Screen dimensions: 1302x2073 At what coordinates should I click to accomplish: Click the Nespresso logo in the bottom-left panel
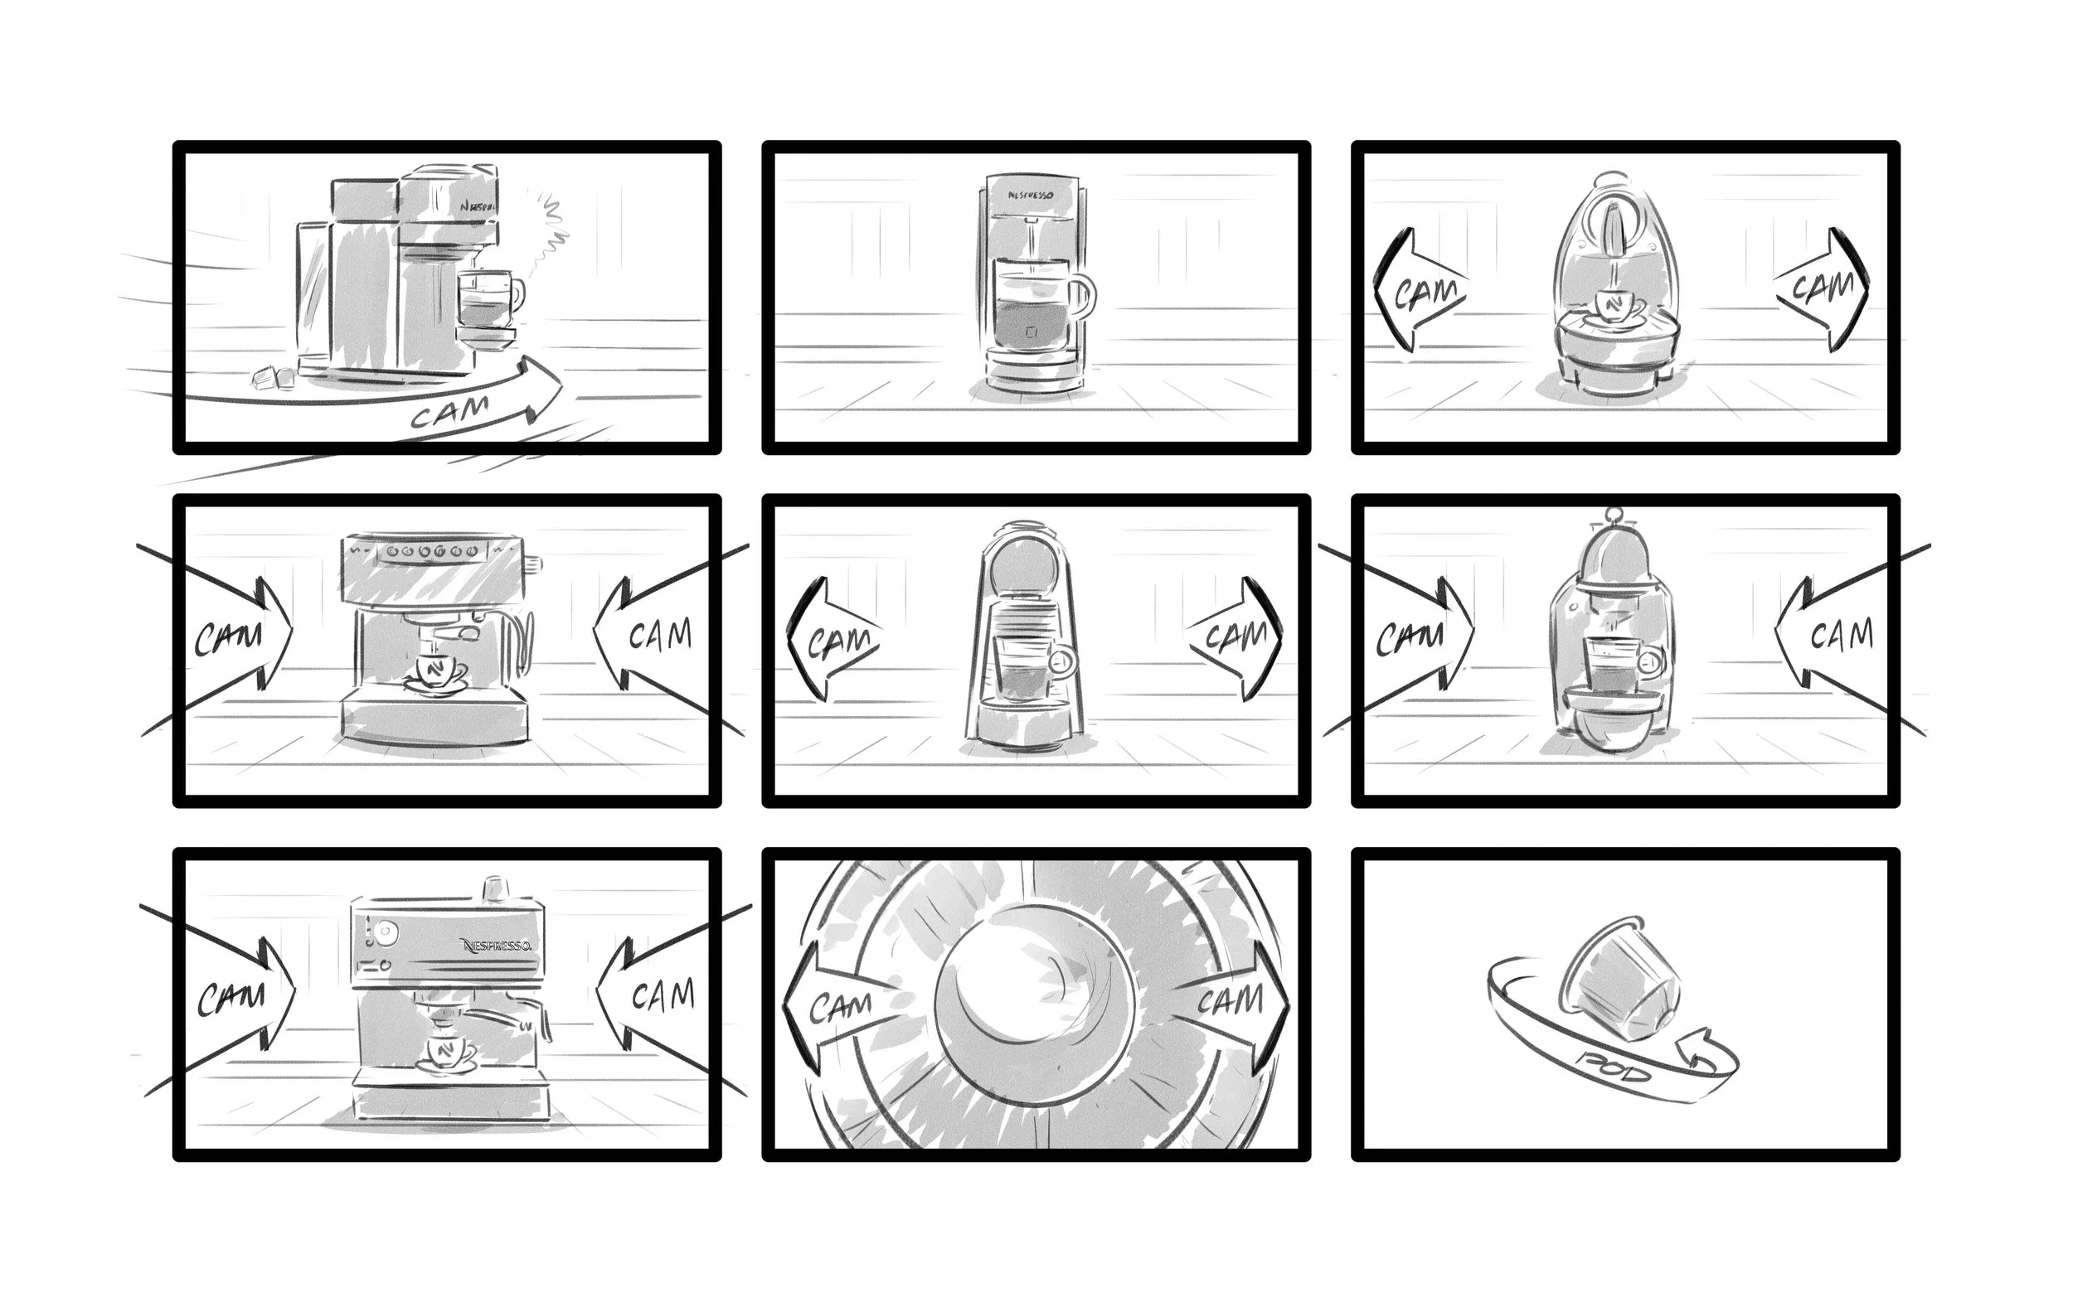click(x=497, y=946)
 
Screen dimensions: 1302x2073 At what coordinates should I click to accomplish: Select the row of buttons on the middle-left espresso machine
click(x=430, y=551)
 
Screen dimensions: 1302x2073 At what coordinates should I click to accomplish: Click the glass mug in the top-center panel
click(x=1037, y=306)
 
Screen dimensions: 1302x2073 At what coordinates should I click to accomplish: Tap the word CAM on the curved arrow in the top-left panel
click(x=449, y=411)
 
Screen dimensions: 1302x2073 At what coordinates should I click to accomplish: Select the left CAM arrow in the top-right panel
click(x=1419, y=291)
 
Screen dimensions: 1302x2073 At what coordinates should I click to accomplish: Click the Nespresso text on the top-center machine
click(x=1030, y=196)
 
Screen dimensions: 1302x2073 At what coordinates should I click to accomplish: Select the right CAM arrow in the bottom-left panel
click(x=654, y=995)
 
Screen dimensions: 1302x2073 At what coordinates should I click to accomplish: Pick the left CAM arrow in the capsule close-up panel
click(x=837, y=1006)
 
